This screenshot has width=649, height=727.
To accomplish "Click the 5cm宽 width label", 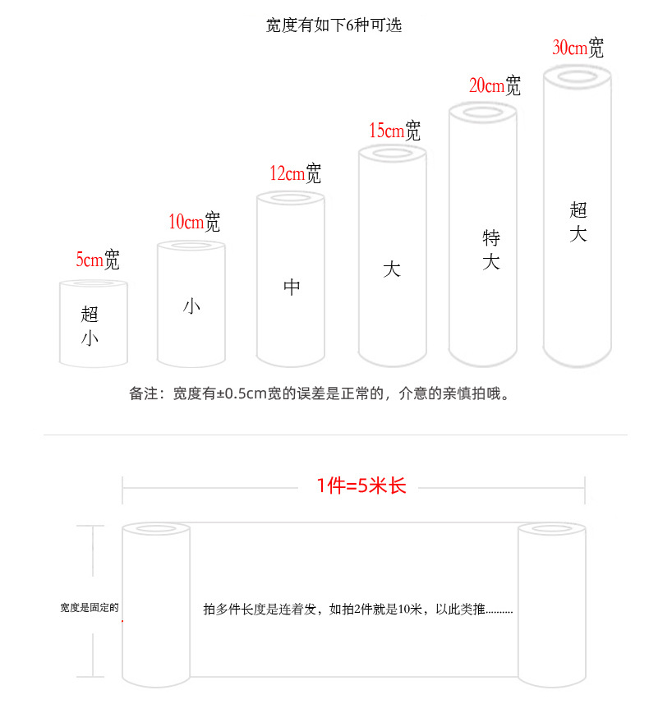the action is (x=98, y=260).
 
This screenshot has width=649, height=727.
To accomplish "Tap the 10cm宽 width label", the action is (x=195, y=221).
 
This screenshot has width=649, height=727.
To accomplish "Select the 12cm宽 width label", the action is (x=295, y=173).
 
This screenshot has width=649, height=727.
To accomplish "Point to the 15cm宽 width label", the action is (x=394, y=130).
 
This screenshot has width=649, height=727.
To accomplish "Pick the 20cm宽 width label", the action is (x=495, y=85).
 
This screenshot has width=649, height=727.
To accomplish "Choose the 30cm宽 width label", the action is (x=578, y=48).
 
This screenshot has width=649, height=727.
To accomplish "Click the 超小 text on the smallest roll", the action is (x=90, y=325).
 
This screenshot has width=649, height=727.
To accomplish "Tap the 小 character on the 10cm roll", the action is (x=191, y=307).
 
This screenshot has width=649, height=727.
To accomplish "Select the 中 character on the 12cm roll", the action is (x=292, y=287).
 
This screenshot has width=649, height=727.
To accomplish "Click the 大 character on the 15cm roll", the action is (x=392, y=269).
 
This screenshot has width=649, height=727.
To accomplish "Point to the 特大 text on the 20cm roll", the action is (x=491, y=251).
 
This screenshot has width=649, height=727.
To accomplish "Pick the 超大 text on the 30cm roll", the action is (x=578, y=222).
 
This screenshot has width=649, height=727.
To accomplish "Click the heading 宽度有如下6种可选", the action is (x=334, y=25).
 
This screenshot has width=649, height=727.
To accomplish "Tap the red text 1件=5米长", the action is (x=361, y=485).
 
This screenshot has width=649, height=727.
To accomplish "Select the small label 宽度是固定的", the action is (x=90, y=608).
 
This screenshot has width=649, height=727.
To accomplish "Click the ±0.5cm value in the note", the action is (x=240, y=393).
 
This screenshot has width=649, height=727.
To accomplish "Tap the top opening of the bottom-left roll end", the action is (x=156, y=530).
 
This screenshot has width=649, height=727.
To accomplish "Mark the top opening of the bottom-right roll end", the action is (x=551, y=530).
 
